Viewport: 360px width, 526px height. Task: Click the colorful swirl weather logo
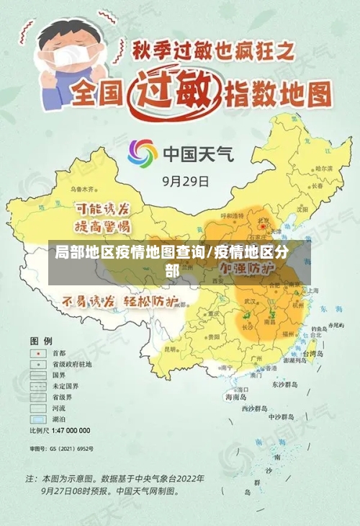coord(143,153)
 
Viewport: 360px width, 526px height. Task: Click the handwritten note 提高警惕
coord(103,226)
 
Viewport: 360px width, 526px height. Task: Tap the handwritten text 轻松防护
coord(151,300)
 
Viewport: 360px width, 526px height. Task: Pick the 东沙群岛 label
coord(284,385)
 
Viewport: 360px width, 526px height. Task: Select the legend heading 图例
coord(40,339)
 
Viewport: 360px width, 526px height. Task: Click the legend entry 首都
coord(58,353)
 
